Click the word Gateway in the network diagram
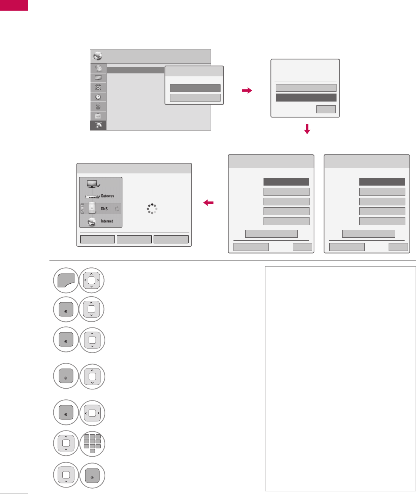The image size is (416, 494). pos(107,196)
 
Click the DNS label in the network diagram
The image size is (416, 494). pos(104,209)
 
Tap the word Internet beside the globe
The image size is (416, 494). pos(107,221)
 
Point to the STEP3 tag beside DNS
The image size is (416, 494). pos(83,209)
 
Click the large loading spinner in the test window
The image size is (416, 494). pos(152,209)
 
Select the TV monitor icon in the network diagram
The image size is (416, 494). pos(93,184)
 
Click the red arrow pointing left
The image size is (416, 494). pos(208,203)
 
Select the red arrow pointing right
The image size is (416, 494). pos(247,91)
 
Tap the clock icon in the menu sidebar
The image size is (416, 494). pos(98,97)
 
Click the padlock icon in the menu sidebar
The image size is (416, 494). pos(98,106)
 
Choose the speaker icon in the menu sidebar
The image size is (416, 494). pos(98,87)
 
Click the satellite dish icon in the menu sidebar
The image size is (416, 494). pos(98,68)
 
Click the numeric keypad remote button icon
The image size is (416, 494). pos(92,443)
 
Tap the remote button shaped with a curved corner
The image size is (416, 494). pos(66,281)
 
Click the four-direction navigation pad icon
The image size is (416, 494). pos(91,281)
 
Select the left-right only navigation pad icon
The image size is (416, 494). pos(92,413)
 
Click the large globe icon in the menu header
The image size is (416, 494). pos(98,56)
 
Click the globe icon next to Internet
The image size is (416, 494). pos(92,222)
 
